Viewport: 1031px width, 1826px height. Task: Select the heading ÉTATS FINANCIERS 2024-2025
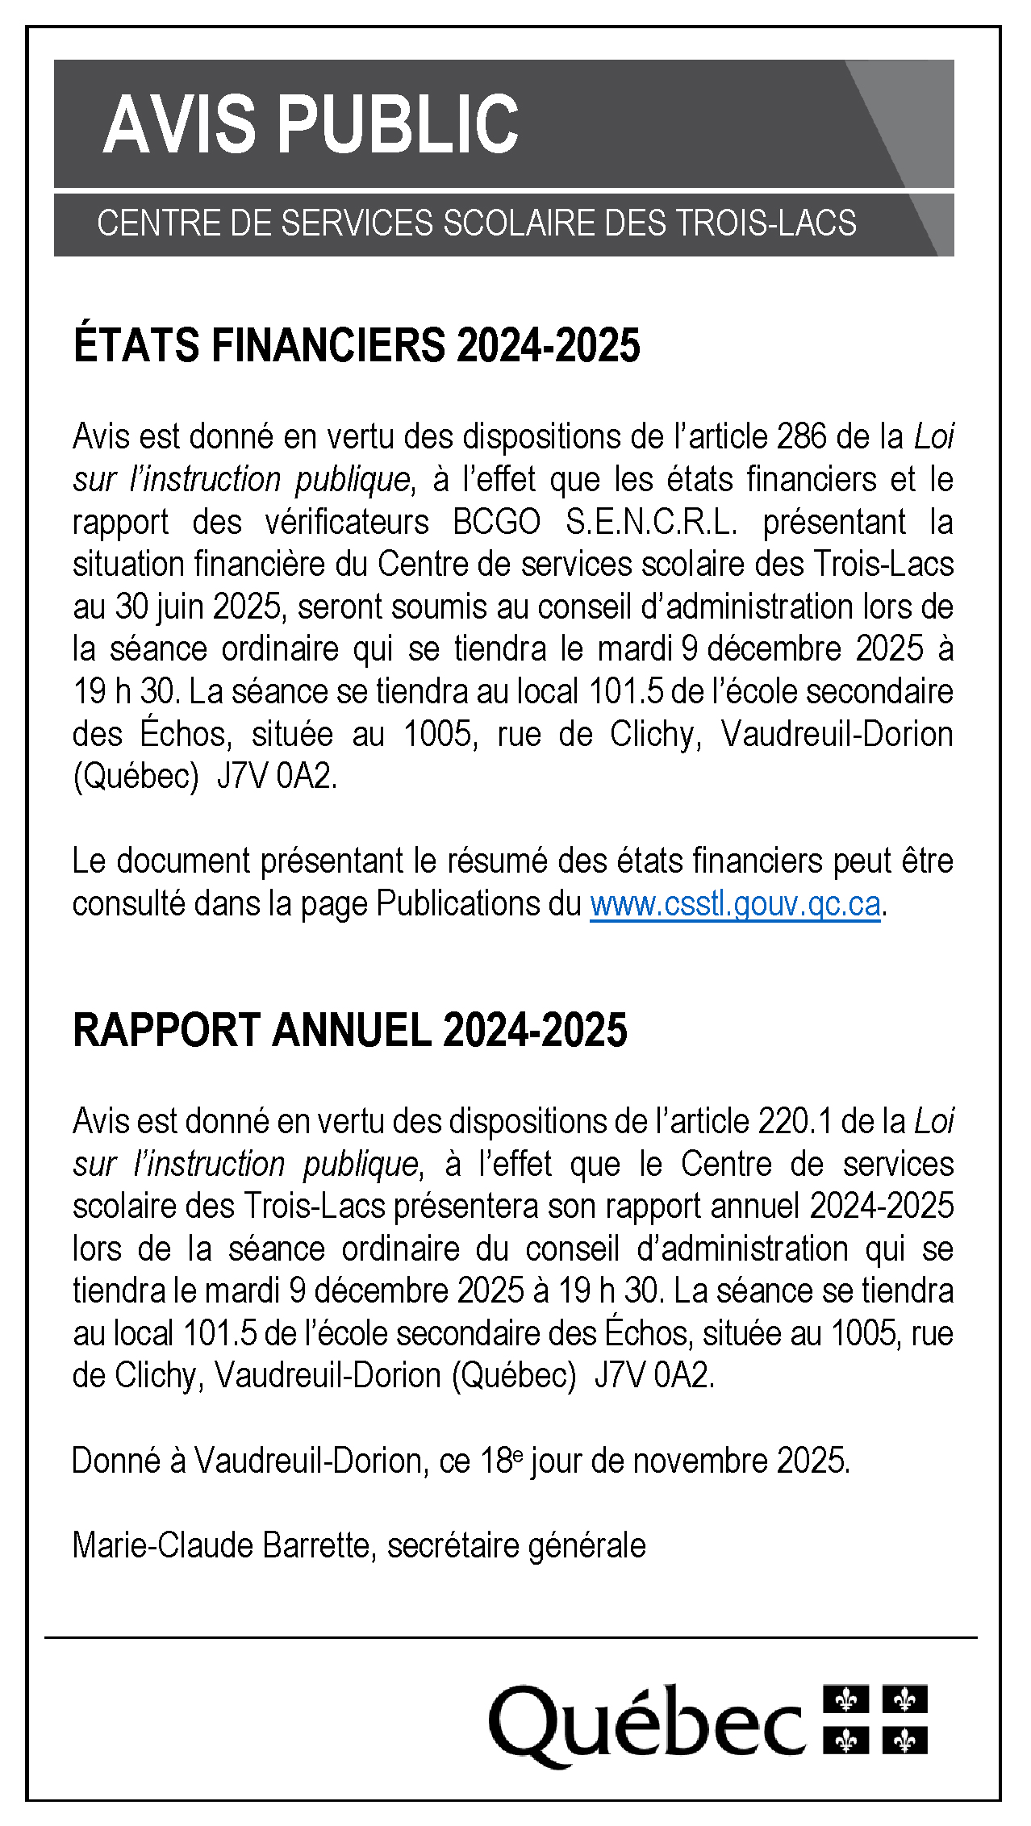(357, 345)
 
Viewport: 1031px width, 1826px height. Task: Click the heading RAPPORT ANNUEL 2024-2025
(349, 1031)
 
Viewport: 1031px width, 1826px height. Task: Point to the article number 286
(801, 436)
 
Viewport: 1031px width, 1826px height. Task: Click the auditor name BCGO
(497, 522)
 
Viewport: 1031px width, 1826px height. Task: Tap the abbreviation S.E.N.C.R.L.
(652, 522)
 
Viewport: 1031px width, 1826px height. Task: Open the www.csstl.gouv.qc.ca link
(735, 904)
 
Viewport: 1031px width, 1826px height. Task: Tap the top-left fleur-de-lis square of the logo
(845, 1699)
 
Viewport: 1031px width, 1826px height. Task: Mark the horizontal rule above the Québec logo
(511, 1638)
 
